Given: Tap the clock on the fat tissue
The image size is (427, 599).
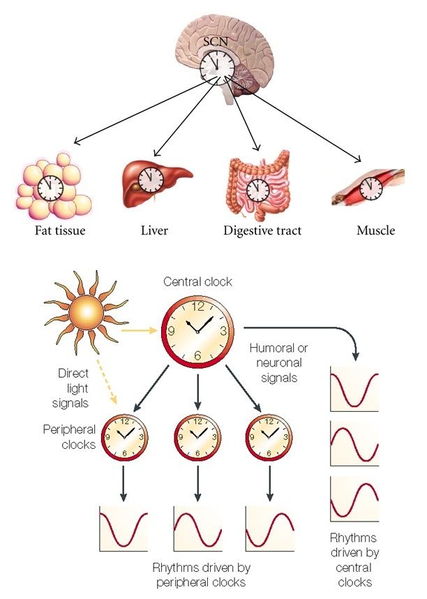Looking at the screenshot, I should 50,187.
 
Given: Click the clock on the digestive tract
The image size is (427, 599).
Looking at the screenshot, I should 257,188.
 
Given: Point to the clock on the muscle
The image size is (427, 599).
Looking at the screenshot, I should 371,186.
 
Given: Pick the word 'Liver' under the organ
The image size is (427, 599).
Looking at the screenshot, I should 154,230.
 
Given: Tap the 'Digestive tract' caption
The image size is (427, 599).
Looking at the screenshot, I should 262,230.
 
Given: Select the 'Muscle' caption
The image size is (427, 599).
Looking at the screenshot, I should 375,230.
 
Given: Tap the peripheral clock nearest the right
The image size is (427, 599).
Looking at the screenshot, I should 269,437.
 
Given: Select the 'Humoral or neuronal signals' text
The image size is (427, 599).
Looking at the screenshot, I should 279,362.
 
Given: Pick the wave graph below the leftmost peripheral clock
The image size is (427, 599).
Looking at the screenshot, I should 124,529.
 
